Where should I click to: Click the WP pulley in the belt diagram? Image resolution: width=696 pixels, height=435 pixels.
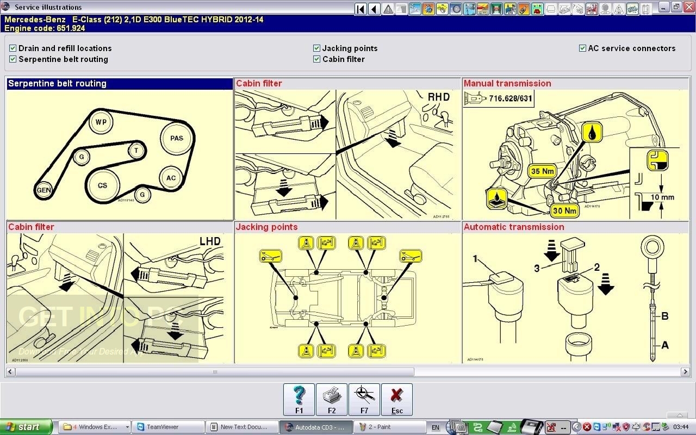101,122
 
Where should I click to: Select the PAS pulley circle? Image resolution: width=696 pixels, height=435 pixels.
176,138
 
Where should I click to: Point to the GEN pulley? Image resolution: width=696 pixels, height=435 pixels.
43,190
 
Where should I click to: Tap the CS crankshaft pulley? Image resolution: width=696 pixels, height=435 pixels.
102,185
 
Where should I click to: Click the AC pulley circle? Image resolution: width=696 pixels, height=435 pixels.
171,178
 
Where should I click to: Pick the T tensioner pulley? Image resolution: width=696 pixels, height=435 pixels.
136,150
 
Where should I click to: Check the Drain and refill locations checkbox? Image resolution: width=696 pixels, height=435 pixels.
13,48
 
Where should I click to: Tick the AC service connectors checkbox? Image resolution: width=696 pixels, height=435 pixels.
582,48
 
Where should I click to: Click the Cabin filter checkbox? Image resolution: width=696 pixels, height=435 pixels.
316,59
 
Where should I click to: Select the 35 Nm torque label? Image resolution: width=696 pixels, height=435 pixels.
543,171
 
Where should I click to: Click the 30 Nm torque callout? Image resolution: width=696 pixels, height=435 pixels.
564,210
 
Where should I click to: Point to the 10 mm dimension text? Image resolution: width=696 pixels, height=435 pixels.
662,197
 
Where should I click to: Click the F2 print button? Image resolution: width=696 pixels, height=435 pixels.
332,399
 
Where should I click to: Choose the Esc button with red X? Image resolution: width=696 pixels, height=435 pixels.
397,399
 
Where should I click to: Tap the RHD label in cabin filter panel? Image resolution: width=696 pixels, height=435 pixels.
438,97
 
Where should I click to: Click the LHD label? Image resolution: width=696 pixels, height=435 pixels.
210,241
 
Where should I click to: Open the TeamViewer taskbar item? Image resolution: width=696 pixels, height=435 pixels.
169,427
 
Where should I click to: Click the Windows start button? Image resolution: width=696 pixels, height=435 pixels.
26,427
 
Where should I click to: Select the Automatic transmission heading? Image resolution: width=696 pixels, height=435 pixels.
514,227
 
